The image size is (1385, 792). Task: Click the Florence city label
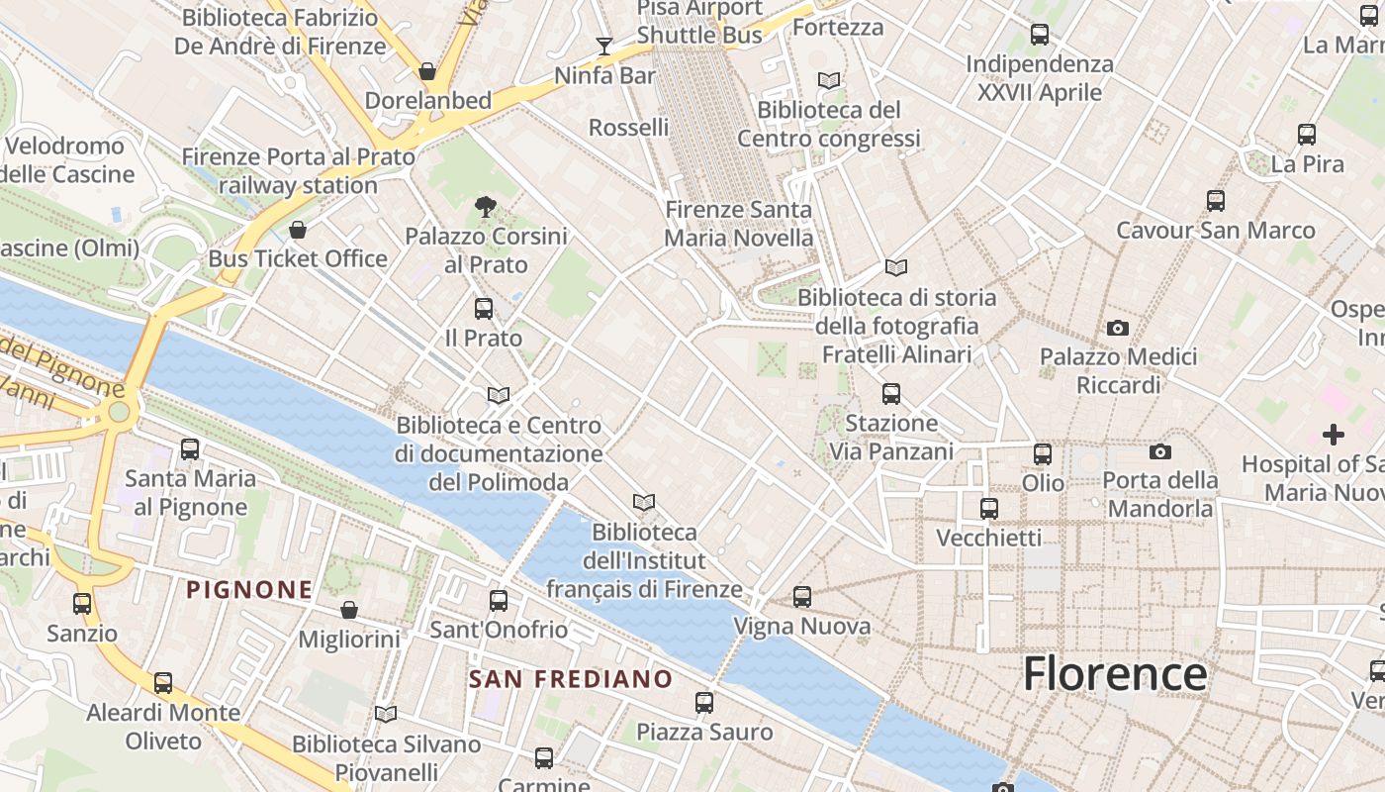pyautogui.click(x=1115, y=674)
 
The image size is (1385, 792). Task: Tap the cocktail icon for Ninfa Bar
pyautogui.click(x=604, y=46)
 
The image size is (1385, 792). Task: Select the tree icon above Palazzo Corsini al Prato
pyautogui.click(x=485, y=207)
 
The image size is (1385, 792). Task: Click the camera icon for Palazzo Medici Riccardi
pyautogui.click(x=1118, y=328)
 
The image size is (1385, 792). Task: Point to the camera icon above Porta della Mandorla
pyautogui.click(x=1160, y=452)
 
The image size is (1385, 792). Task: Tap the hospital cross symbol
pyautogui.click(x=1334, y=434)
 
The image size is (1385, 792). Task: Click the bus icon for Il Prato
pyautogui.click(x=484, y=308)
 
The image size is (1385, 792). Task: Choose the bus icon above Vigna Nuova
pyautogui.click(x=802, y=597)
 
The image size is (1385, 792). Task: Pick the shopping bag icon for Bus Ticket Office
pyautogui.click(x=298, y=230)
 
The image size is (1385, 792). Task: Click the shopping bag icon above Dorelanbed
pyautogui.click(x=427, y=71)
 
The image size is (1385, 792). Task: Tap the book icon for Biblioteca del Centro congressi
pyautogui.click(x=829, y=80)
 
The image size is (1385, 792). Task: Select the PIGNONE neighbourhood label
pyautogui.click(x=250, y=590)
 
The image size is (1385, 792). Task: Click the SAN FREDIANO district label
pyautogui.click(x=571, y=680)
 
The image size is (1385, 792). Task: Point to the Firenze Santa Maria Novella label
pyautogui.click(x=738, y=224)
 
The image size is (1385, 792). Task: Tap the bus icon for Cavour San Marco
pyautogui.click(x=1216, y=201)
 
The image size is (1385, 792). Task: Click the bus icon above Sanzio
pyautogui.click(x=82, y=604)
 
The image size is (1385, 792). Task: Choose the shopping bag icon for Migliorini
pyautogui.click(x=348, y=610)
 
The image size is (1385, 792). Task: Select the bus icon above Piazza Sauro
pyautogui.click(x=704, y=703)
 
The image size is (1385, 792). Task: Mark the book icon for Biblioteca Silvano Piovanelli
pyautogui.click(x=386, y=714)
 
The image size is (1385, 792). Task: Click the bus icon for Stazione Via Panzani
pyautogui.click(x=891, y=394)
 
